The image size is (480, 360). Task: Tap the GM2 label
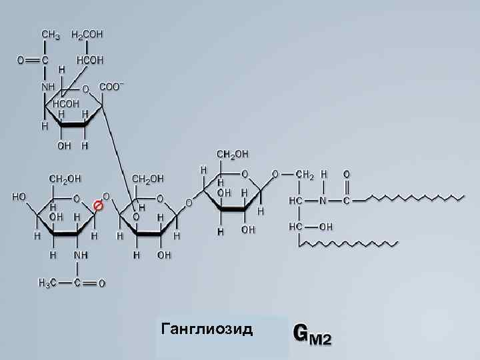tap(312, 333)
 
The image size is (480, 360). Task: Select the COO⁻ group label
tap(111, 87)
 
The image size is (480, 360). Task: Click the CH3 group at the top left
tap(51, 33)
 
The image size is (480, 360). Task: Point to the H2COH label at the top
tap(87, 33)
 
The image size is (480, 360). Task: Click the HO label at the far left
tap(19, 197)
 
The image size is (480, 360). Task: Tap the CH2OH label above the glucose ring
tap(231, 155)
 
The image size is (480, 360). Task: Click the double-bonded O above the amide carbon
tap(346, 174)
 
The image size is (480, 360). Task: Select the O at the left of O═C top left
tap(21, 60)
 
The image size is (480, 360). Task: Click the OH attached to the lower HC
tap(326, 227)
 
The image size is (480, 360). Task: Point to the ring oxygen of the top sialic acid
tap(85, 88)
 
